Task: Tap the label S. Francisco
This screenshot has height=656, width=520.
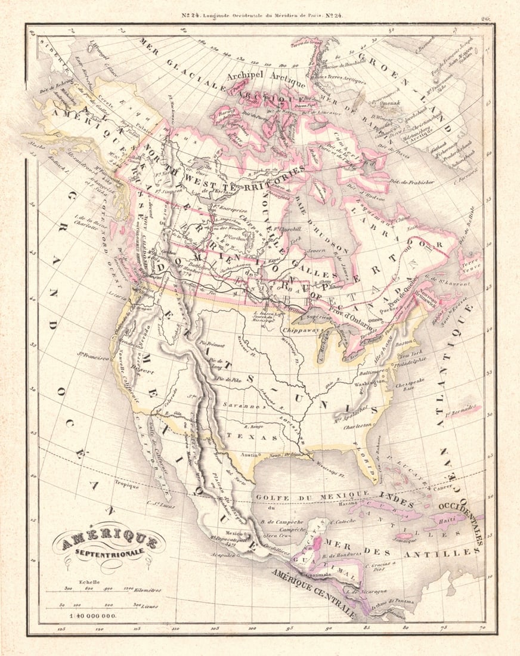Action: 92,357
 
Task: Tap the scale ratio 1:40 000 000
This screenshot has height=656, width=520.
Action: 94,615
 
